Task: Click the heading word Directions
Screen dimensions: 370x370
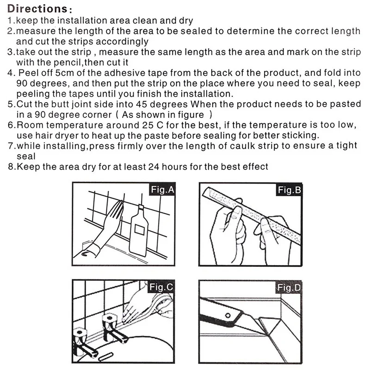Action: point(38,9)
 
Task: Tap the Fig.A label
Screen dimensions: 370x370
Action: point(162,189)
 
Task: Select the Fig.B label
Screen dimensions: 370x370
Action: point(289,190)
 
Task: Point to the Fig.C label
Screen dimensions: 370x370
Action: point(161,287)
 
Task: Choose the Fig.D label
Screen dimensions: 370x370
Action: point(289,288)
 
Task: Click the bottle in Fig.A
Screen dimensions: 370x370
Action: point(139,231)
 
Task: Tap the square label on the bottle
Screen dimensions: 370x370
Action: point(140,229)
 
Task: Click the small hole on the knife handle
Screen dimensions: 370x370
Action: point(228,315)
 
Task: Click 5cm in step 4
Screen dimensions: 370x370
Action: point(64,73)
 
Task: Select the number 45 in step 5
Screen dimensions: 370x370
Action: point(142,105)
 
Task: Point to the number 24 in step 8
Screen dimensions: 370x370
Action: point(154,167)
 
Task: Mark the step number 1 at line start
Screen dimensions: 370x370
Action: point(10,20)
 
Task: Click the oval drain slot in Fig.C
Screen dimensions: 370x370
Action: point(106,356)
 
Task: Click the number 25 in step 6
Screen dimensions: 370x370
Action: point(148,125)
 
